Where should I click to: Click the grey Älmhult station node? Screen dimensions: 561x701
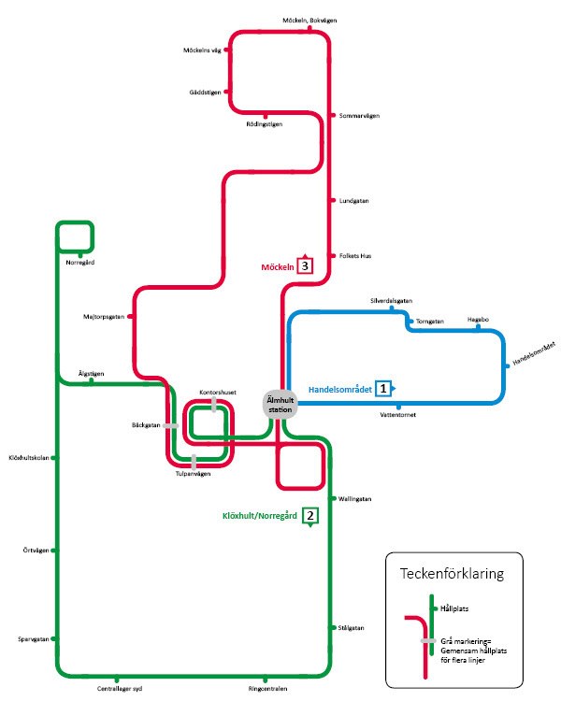(x=280, y=405)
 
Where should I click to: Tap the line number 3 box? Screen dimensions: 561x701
(x=305, y=266)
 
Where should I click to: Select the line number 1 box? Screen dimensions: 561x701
(x=383, y=389)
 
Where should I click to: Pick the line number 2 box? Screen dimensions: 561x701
(x=310, y=515)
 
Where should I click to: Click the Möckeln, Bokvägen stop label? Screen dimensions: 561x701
(x=309, y=21)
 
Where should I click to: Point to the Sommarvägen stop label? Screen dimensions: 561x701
(x=359, y=116)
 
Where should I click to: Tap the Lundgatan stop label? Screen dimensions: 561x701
(x=353, y=201)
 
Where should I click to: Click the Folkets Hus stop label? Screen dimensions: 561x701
(x=355, y=256)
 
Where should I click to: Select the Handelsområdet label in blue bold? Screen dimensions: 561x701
(x=340, y=390)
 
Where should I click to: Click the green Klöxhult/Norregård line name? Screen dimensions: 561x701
(x=260, y=516)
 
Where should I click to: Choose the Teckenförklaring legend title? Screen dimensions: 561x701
(x=452, y=574)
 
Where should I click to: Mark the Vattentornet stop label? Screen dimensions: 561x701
(x=397, y=415)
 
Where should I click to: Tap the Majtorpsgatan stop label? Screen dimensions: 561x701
(x=104, y=317)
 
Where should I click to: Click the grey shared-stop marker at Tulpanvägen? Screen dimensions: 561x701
(x=194, y=462)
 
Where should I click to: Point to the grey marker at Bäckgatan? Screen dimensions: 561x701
(x=170, y=426)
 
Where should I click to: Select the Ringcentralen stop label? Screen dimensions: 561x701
(x=267, y=689)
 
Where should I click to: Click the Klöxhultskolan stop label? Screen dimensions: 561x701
(x=29, y=458)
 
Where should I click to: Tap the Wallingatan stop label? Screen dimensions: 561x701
(x=354, y=499)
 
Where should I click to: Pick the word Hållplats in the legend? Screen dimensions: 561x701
(x=454, y=608)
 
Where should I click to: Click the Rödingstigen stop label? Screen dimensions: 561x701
(x=264, y=124)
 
